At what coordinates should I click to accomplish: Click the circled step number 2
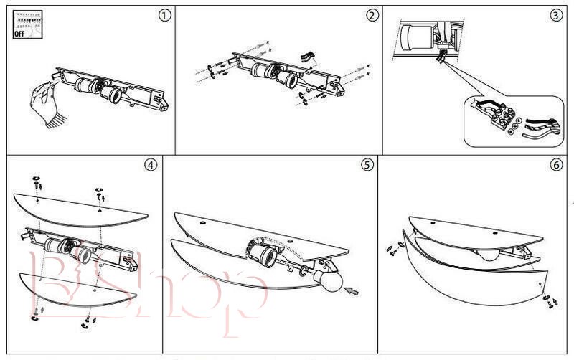coord(371,16)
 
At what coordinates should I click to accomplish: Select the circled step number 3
coord(555,16)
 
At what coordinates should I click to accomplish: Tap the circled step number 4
coord(150,165)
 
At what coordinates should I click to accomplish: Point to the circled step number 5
coord(367,165)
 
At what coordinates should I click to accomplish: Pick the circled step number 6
coord(556,165)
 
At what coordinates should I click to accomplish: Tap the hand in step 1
coord(44,104)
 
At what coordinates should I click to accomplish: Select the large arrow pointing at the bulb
coord(353,291)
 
